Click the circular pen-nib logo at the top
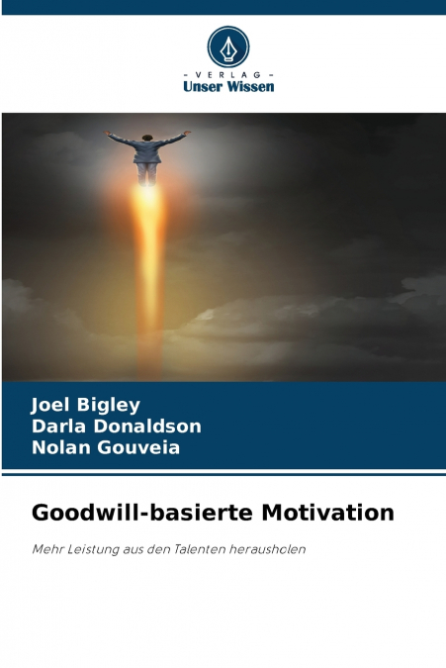[228, 47]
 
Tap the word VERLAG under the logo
[228, 75]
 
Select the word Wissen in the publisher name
[251, 86]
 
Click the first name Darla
[56, 427]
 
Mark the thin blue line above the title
[223, 476]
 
